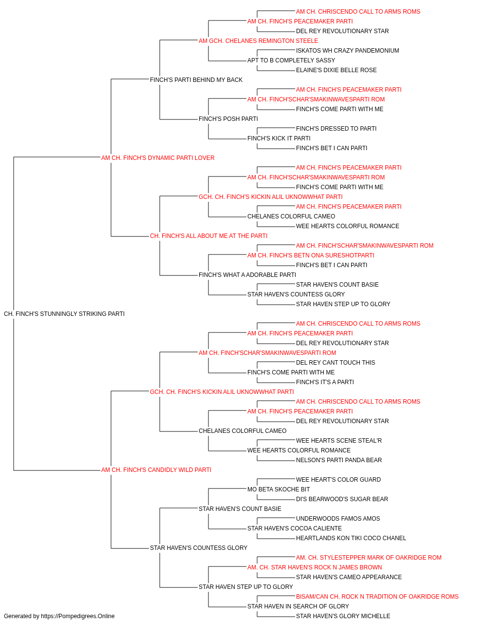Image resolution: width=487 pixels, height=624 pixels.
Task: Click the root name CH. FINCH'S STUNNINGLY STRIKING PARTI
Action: [x=64, y=313]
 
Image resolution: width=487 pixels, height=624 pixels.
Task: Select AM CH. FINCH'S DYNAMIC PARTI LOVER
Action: [x=158, y=157]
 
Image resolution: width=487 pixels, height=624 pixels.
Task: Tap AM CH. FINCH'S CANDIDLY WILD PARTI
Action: [x=156, y=469]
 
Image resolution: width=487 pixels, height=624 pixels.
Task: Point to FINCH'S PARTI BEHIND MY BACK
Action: [x=196, y=79]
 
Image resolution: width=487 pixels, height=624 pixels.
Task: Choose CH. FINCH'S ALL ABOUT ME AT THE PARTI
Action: [x=208, y=236]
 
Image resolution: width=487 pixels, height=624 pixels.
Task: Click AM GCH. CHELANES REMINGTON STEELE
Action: [x=258, y=41]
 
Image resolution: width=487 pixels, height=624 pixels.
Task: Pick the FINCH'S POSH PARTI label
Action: [x=228, y=118]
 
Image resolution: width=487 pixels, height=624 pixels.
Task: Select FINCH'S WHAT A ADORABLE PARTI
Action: [x=247, y=275]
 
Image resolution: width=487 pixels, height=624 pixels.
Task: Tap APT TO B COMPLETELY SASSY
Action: [x=291, y=60]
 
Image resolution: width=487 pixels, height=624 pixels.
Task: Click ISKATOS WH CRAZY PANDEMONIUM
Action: [x=347, y=51]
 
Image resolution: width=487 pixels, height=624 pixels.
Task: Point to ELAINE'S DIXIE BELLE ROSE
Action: [x=336, y=70]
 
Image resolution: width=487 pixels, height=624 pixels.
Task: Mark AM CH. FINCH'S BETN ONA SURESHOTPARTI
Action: [x=311, y=255]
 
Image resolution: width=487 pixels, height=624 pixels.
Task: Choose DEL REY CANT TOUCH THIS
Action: [x=335, y=362]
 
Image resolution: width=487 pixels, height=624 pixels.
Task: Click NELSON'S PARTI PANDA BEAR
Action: [x=339, y=460]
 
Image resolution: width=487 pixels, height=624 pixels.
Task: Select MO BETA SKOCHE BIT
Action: [x=279, y=489]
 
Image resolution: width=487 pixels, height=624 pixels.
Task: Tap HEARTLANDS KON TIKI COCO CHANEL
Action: [x=351, y=538]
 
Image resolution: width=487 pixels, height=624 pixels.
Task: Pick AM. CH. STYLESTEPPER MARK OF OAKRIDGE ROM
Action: [x=369, y=557]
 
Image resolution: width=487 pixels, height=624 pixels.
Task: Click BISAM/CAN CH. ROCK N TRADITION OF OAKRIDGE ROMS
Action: [x=377, y=596]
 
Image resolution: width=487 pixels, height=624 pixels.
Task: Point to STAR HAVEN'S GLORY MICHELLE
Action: [x=343, y=616]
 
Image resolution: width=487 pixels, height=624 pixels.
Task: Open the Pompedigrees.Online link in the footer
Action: [x=78, y=616]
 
